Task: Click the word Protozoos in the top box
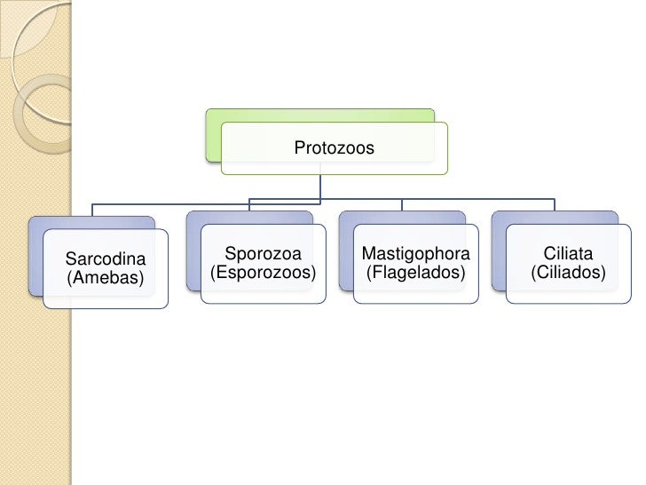334,148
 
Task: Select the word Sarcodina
105,259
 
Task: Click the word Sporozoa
263,255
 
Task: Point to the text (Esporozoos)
263,273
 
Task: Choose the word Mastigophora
415,255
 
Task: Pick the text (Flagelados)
415,273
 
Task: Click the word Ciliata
568,255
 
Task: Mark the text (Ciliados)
568,273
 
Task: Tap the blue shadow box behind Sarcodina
35,258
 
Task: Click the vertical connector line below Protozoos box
320,187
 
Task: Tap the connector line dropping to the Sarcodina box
91,208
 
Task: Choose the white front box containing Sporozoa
263,289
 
